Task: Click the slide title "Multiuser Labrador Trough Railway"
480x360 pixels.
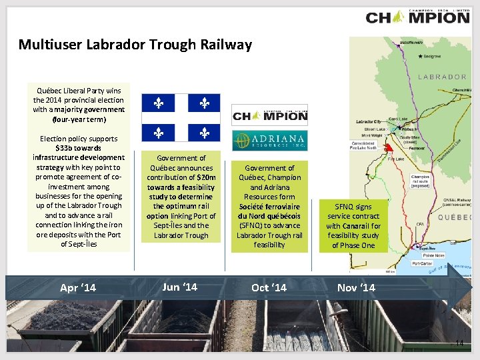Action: coord(135,45)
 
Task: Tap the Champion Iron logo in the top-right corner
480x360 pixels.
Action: coord(418,17)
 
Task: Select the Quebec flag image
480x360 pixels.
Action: coord(181,117)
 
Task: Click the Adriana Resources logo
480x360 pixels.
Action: coord(269,141)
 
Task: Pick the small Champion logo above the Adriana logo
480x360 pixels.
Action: coord(269,115)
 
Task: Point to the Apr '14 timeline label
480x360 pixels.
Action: coord(78,288)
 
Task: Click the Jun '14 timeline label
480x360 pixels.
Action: coord(180,287)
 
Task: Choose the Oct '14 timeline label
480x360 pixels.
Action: coord(269,288)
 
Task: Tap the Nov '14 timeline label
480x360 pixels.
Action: coord(356,288)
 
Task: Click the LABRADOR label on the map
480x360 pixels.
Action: coord(442,77)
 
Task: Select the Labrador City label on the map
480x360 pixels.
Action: coord(369,122)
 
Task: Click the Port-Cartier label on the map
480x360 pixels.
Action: coord(421,263)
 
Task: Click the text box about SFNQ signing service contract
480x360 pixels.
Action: coord(353,226)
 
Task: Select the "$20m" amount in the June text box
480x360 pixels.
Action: coord(199,178)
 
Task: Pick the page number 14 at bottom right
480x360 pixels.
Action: coord(459,343)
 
